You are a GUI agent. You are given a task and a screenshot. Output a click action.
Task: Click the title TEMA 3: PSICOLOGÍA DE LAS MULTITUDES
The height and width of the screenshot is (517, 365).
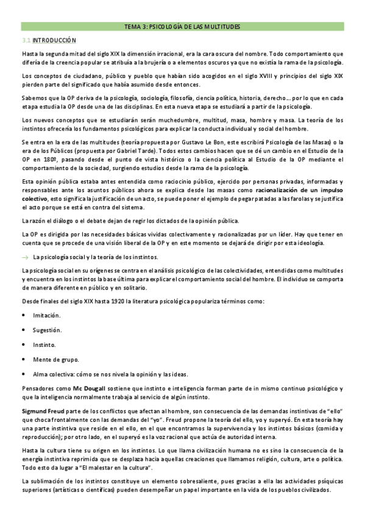(182, 27)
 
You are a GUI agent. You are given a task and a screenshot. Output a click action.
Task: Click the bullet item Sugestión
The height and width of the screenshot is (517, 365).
(47, 330)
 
